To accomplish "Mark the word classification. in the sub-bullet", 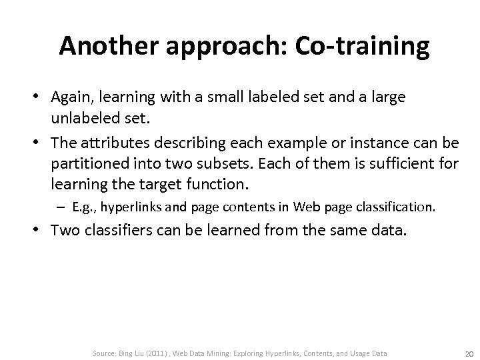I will [x=397, y=207].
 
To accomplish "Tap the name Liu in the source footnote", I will [x=143, y=353].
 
